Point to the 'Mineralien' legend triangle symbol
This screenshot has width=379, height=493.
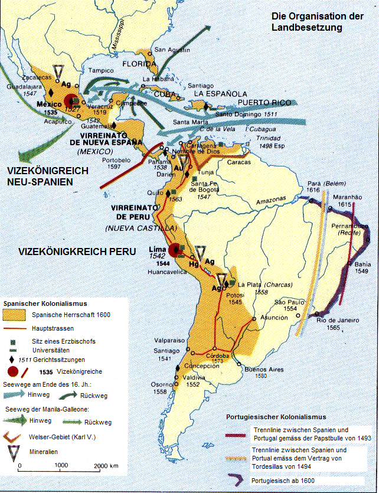click(14, 450)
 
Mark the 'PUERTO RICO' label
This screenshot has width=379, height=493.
click(269, 102)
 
